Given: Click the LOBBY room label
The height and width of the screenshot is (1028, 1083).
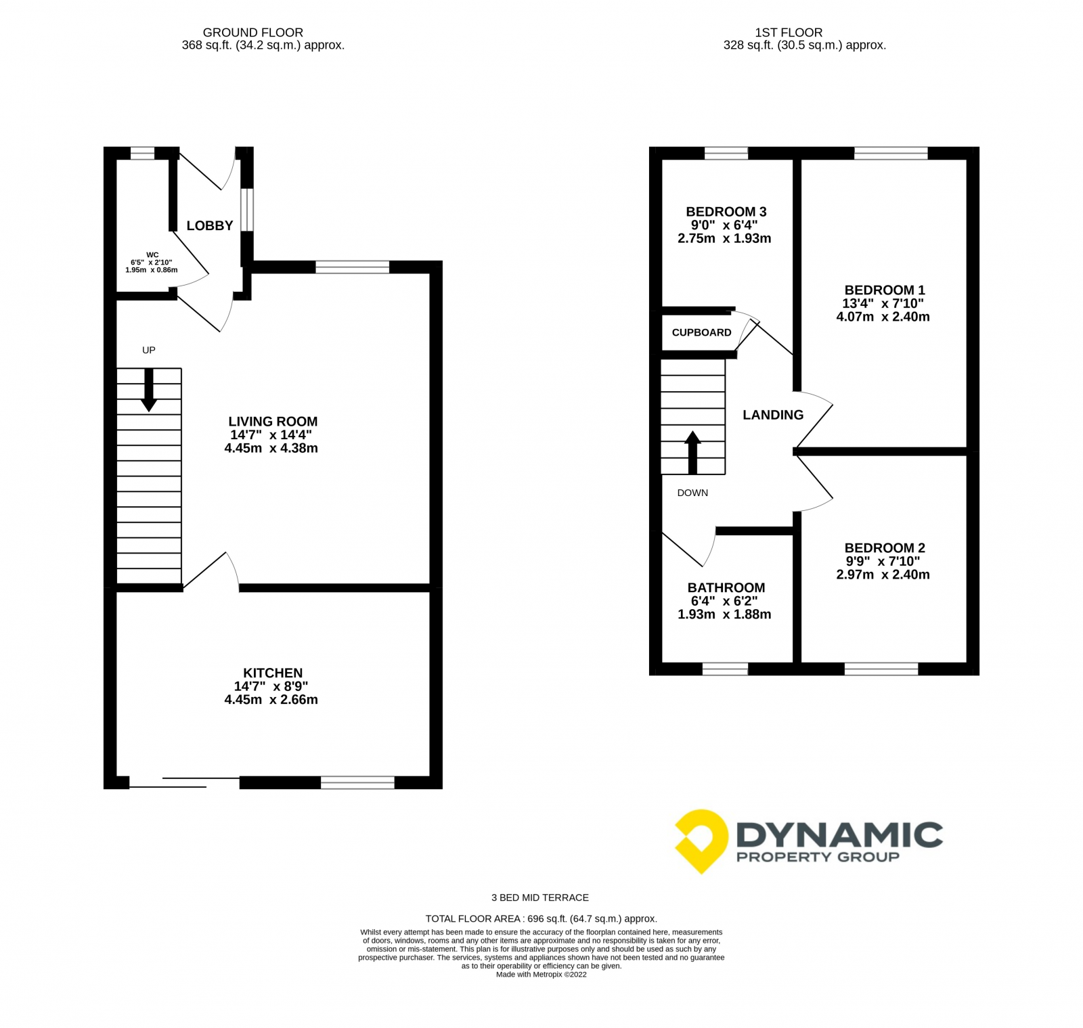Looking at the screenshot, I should [210, 225].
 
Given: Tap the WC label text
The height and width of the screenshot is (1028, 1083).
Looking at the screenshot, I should [152, 255].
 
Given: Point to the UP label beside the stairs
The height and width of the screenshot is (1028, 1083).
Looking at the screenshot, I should [149, 350].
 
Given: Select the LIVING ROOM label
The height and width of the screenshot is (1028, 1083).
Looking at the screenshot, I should [273, 421].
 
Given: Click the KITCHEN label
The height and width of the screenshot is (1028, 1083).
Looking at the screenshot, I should [273, 673].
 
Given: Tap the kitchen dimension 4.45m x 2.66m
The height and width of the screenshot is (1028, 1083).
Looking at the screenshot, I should [271, 700].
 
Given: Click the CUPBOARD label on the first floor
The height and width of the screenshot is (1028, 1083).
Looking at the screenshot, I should [701, 332].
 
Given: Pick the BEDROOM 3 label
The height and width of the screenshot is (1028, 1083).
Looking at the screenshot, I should [726, 212].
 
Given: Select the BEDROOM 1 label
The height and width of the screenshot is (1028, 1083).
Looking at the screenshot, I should [884, 290].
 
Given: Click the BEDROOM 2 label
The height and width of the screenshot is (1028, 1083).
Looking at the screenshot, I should [884, 548].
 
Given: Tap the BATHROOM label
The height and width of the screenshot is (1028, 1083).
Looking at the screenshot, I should [726, 588].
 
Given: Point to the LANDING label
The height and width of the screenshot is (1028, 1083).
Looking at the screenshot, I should [773, 415].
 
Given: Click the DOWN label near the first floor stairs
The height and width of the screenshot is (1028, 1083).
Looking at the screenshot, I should [692, 493].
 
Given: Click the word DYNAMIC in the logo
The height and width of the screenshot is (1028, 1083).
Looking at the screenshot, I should [839, 835].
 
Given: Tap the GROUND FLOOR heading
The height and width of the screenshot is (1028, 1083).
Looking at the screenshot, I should [253, 32].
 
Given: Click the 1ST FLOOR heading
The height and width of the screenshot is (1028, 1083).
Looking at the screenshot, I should [789, 32].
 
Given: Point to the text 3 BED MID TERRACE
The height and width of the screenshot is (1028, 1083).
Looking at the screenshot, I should [540, 897].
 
